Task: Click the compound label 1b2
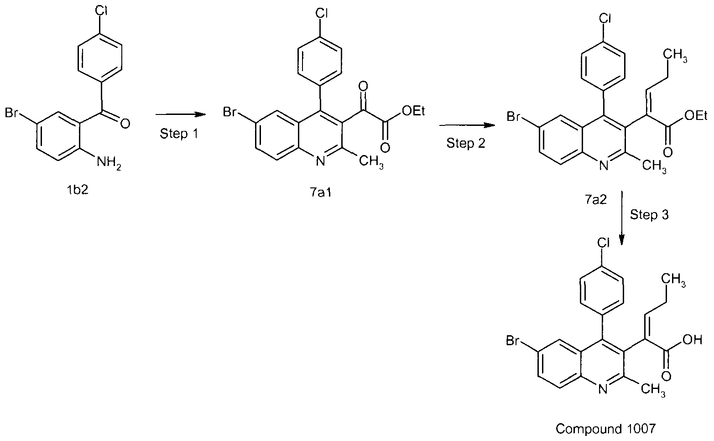coord(78,190)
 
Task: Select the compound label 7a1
coord(321,192)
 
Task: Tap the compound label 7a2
coord(596,199)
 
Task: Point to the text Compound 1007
coord(605,429)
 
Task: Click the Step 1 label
coord(179,134)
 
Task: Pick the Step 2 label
coord(466,143)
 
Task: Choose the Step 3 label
coord(649,215)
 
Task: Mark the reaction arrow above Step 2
coord(467,125)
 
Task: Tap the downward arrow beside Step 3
coord(621,218)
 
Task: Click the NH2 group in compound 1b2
coord(109,163)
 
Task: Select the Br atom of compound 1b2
coord(11,113)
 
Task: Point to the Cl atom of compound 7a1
coord(322,14)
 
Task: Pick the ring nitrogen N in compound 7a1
coord(320,161)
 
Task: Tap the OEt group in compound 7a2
coord(696,116)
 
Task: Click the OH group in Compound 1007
coord(692,340)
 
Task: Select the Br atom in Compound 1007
coord(512,341)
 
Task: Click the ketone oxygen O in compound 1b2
coord(125,123)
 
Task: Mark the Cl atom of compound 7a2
coord(605,19)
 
